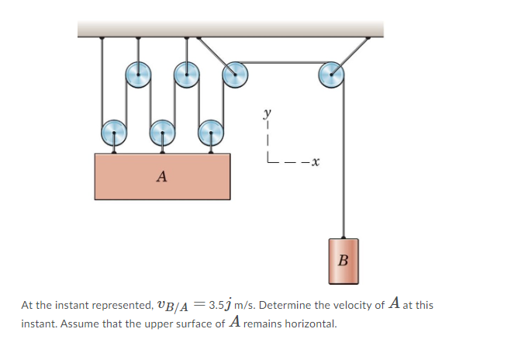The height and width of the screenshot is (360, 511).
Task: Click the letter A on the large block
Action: tap(161, 176)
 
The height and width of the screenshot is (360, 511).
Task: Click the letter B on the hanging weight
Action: tap(344, 260)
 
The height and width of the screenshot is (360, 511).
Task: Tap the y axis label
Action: tap(268, 113)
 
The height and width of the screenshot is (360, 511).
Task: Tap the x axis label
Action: tap(315, 161)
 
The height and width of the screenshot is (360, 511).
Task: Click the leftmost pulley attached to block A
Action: tap(114, 133)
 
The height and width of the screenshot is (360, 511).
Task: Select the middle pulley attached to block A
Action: tap(163, 133)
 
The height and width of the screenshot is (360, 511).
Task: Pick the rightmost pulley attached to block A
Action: tap(211, 133)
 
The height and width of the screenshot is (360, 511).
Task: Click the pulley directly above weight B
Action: tap(331, 74)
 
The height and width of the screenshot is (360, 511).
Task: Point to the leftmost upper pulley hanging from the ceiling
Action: tap(138, 74)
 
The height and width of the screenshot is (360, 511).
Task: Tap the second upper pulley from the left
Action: tap(186, 74)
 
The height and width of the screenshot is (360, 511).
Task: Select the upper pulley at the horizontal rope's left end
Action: tap(235, 74)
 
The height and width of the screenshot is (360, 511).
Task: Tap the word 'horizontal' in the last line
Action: tap(311, 324)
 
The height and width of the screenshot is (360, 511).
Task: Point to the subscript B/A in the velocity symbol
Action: tap(177, 306)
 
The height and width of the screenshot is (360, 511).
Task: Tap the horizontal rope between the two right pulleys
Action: tap(283, 62)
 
